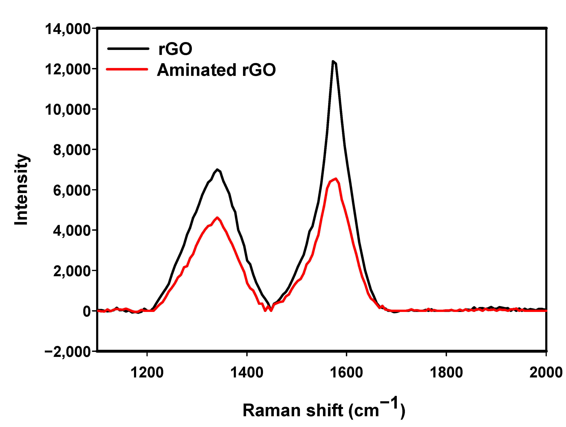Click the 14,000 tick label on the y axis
(68, 29)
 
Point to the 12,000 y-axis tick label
(68, 69)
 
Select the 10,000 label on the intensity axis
(68, 110)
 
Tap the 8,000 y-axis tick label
(72, 150)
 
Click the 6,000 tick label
(72, 191)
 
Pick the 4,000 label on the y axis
(72, 231)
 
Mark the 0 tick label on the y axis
(87, 311)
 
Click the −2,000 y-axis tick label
(68, 352)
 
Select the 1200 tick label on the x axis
(147, 372)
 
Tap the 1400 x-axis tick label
(247, 372)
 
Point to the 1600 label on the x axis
(346, 372)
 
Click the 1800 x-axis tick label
(446, 372)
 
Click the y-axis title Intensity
(22, 189)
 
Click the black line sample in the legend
(128, 49)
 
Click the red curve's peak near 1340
(217, 218)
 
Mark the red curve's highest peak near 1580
(335, 179)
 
